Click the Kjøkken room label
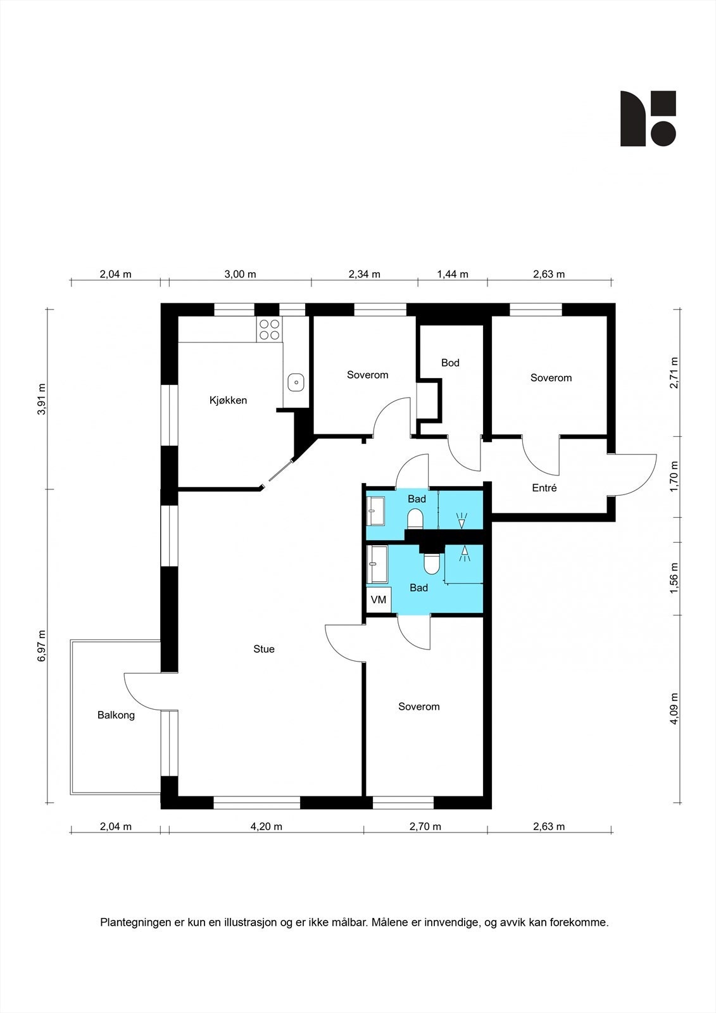(x=228, y=400)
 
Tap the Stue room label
(x=264, y=649)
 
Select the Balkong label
(x=116, y=715)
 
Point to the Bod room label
(x=450, y=363)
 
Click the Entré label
(x=544, y=488)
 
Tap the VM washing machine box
(x=379, y=600)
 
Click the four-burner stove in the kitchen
(x=269, y=329)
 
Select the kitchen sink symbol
(x=296, y=382)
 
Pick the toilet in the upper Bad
(x=415, y=519)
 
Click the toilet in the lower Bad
(x=432, y=563)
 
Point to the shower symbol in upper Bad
(x=462, y=520)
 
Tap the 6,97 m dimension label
(x=42, y=646)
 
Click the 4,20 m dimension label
(x=267, y=826)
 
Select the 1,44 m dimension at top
(x=453, y=274)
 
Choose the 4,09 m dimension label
(x=674, y=708)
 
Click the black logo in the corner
(x=648, y=118)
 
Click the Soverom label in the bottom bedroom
(x=419, y=707)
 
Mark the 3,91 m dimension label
(x=42, y=399)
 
